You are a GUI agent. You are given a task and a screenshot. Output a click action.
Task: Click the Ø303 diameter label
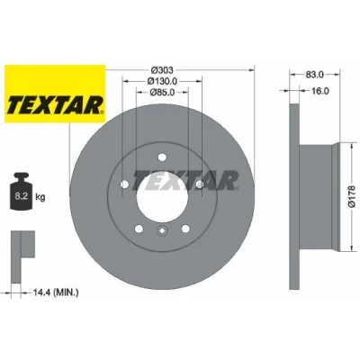click(x=162, y=70)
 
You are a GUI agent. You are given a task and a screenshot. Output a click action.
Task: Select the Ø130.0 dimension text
click(x=162, y=81)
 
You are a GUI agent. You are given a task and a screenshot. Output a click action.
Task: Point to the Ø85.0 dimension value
click(x=162, y=92)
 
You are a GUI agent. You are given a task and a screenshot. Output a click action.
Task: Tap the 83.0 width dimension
click(x=315, y=75)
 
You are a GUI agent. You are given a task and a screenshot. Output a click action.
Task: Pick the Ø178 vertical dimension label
click(x=352, y=196)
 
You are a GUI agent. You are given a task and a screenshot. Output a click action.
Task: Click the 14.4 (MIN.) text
click(x=55, y=292)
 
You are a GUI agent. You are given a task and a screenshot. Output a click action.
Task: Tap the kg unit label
click(x=40, y=197)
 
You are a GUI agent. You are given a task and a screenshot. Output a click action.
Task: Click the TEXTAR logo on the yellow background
click(x=55, y=105)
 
